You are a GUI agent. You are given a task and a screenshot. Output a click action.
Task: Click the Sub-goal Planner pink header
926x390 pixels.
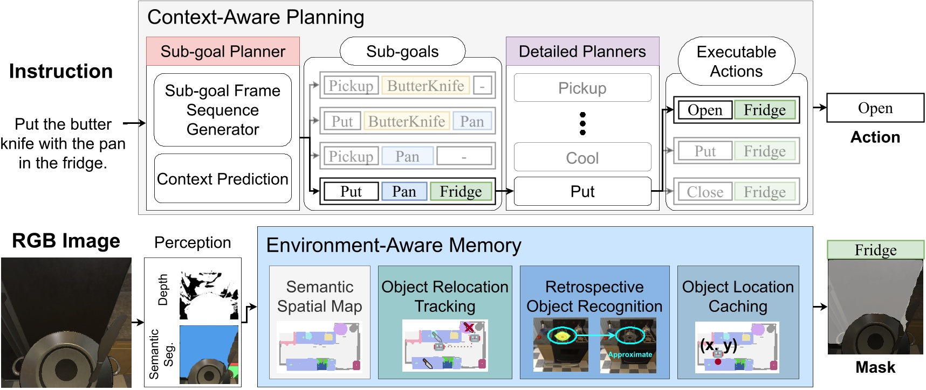pyautogui.click(x=223, y=52)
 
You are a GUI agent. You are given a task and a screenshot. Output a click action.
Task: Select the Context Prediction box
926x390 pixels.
pyautogui.click(x=223, y=179)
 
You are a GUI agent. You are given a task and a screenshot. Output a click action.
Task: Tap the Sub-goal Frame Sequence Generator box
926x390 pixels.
pyautogui.click(x=223, y=110)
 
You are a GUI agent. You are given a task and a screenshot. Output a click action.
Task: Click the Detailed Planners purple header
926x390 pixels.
pyautogui.click(x=582, y=52)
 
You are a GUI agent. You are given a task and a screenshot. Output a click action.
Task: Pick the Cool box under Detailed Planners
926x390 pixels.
pyautogui.click(x=582, y=158)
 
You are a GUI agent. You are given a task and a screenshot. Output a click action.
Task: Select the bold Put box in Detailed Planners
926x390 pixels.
pyautogui.click(x=582, y=192)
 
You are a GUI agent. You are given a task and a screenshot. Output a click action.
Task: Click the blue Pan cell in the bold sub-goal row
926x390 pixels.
pyautogui.click(x=404, y=192)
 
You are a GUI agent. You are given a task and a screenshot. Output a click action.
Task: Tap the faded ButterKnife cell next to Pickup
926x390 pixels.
pyautogui.click(x=426, y=86)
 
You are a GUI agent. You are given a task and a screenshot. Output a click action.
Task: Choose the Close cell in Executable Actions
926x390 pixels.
pyautogui.click(x=705, y=192)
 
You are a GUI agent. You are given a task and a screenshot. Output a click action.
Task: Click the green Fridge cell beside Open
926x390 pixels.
pyautogui.click(x=765, y=110)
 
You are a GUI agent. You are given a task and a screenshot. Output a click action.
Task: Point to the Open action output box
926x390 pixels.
pyautogui.click(x=875, y=108)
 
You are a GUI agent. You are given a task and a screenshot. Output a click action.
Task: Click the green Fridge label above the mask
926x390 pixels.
pyautogui.click(x=875, y=250)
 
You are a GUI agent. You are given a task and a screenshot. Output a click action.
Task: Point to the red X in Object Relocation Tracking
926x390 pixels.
pyautogui.click(x=469, y=327)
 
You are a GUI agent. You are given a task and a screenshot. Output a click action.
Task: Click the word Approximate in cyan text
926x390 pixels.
pyautogui.click(x=630, y=354)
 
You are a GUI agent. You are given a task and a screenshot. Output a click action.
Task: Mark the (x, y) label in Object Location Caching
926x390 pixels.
pyautogui.click(x=718, y=345)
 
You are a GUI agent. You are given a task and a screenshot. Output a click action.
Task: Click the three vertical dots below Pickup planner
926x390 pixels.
pyautogui.click(x=582, y=123)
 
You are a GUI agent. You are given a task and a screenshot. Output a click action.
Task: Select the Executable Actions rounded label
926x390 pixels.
pyautogui.click(x=736, y=61)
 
